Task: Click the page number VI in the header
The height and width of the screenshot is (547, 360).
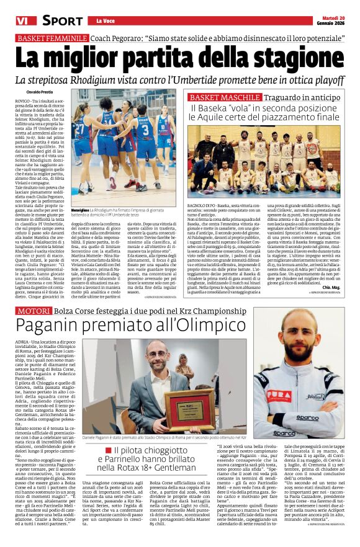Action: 11,20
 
